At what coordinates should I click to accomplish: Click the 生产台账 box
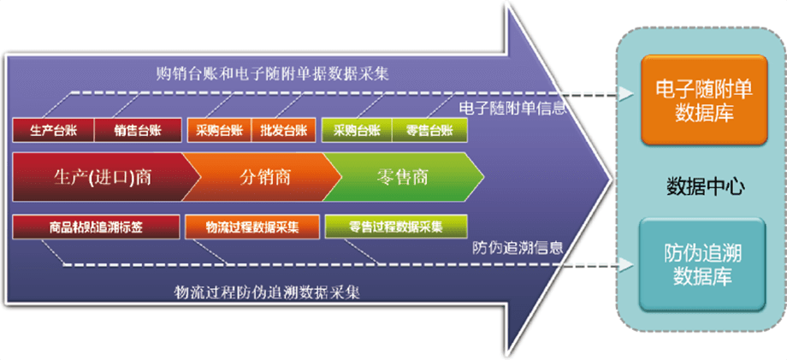[53, 130]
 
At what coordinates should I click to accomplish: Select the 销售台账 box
[138, 130]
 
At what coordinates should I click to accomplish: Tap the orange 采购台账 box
[219, 130]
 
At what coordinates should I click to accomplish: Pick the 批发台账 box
[283, 130]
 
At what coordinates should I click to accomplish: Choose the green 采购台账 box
[357, 130]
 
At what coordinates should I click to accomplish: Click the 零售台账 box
[429, 130]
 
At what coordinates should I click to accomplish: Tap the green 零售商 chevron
[401, 177]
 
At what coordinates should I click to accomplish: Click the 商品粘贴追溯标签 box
[96, 227]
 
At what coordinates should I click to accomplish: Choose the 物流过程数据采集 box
[252, 227]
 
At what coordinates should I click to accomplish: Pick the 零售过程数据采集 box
[396, 227]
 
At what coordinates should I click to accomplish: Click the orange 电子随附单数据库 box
[704, 100]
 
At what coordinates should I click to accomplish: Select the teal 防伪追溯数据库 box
[702, 264]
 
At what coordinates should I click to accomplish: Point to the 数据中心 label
[705, 186]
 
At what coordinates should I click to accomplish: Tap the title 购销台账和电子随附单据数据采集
[273, 74]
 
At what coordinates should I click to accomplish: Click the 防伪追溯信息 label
[518, 247]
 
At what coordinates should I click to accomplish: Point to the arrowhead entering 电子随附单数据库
[625, 93]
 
